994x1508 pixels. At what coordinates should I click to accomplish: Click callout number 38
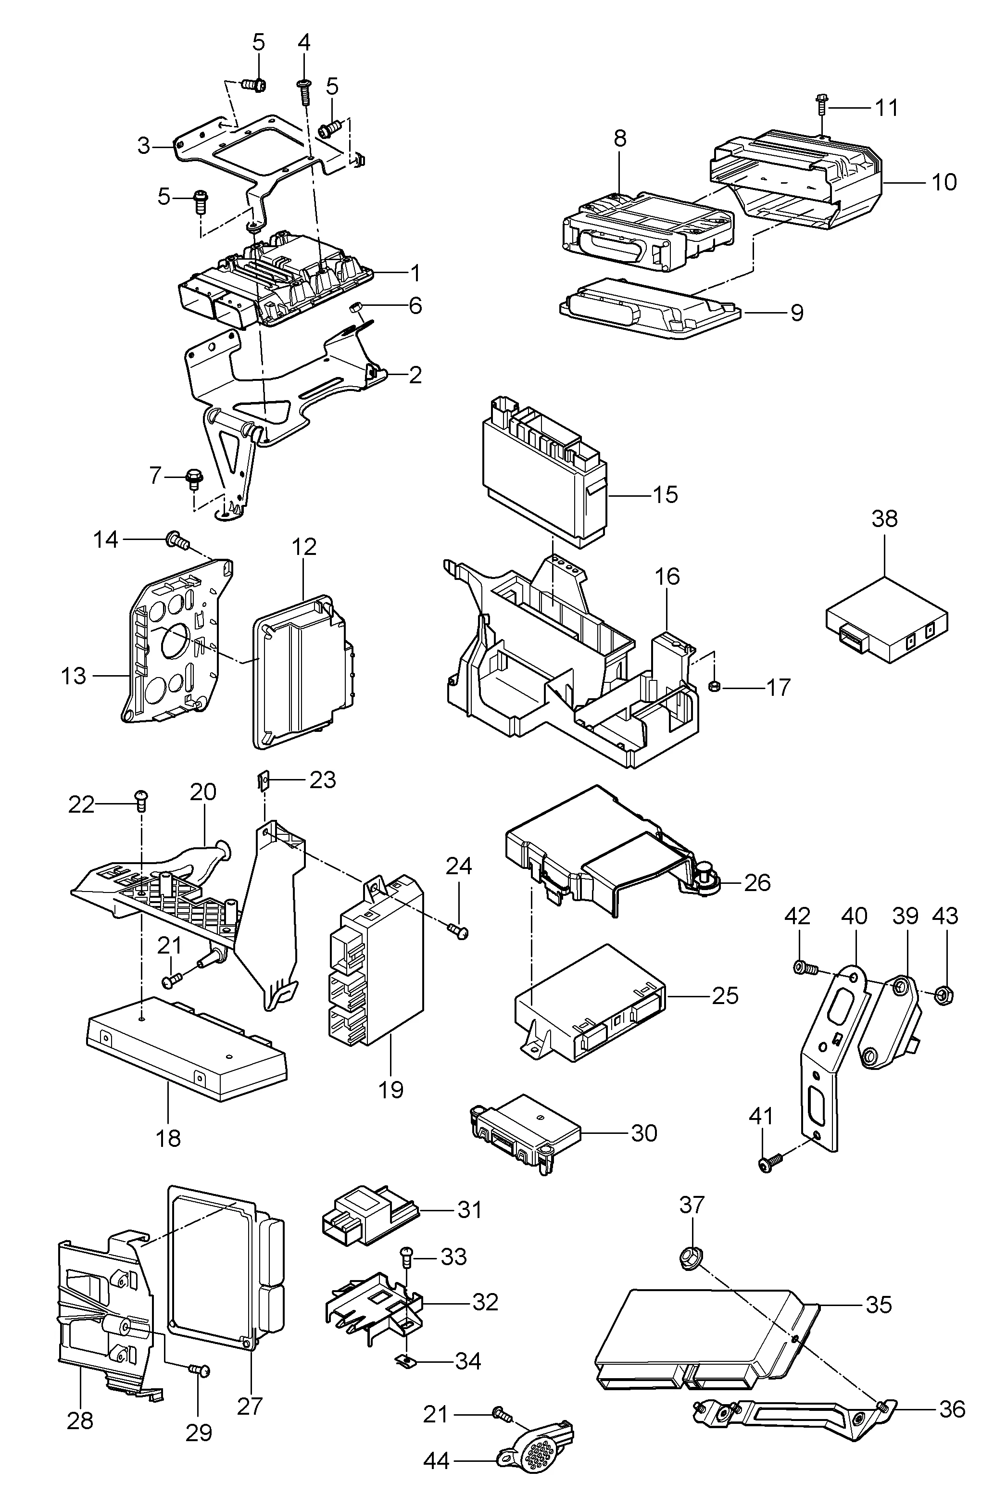tap(884, 518)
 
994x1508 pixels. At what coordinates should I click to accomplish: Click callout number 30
tap(643, 1133)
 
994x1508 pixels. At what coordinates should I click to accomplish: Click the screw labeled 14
tap(177, 540)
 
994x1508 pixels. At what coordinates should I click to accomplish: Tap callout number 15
tap(665, 494)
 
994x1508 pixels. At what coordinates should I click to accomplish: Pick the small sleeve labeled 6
tap(356, 309)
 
